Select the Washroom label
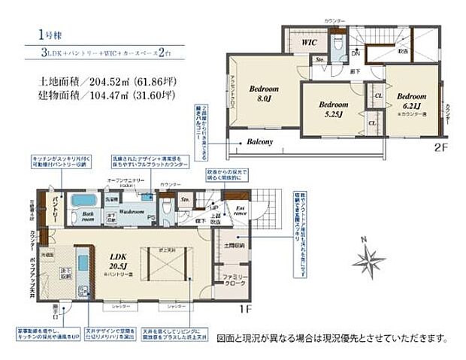pos(135,212)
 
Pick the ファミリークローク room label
pos(235,282)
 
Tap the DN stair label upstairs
pos(356,54)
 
